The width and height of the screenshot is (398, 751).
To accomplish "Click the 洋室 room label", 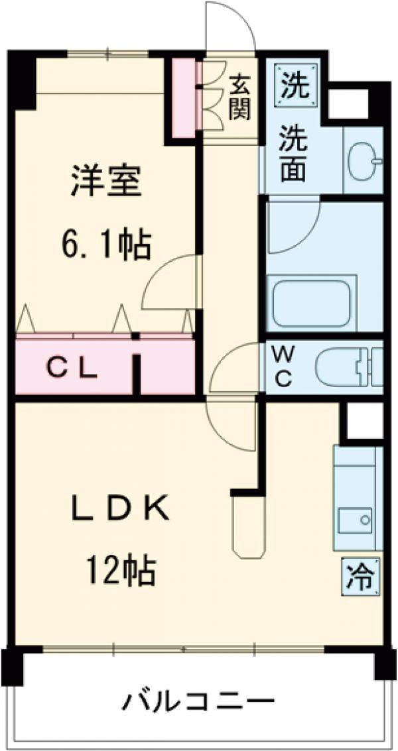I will [106, 180].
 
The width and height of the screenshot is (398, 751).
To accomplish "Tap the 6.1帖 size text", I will [106, 245].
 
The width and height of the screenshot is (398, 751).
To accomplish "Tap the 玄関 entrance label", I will [240, 97].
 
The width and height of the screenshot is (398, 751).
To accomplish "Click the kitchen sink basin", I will [356, 519].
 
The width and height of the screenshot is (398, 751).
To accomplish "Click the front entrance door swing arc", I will [229, 27].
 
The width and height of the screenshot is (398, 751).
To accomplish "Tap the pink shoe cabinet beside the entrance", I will [184, 98].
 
